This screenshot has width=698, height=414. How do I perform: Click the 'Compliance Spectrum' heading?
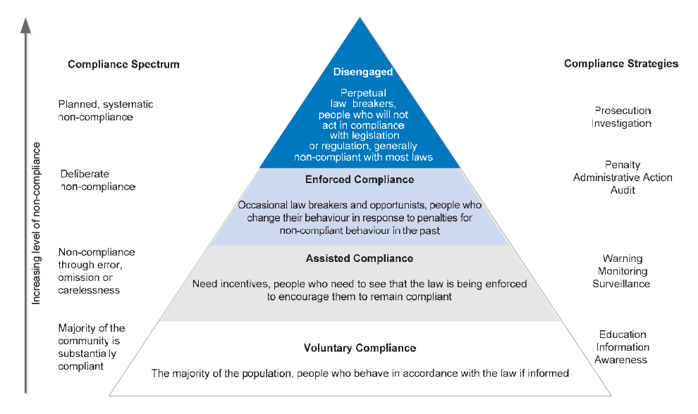pyautogui.click(x=124, y=65)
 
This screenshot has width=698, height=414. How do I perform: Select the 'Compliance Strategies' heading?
pyautogui.click(x=621, y=63)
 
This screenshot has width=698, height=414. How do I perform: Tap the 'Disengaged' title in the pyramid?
pyautogui.click(x=363, y=72)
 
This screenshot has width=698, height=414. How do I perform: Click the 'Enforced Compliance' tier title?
pyautogui.click(x=360, y=180)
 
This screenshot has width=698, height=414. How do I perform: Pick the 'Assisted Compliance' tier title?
pyautogui.click(x=360, y=258)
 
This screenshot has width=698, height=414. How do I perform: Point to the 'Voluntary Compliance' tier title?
pyautogui.click(x=360, y=348)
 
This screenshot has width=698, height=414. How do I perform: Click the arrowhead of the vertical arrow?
pyautogui.click(x=26, y=25)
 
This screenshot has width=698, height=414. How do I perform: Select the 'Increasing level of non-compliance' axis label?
pyautogui.click(x=36, y=223)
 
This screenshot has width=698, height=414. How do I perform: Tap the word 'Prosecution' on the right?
pyautogui.click(x=623, y=111)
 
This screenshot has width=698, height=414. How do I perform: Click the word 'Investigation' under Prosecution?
pyautogui.click(x=621, y=123)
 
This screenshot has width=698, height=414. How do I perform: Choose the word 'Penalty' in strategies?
pyautogui.click(x=623, y=165)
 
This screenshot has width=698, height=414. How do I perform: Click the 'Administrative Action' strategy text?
pyautogui.click(x=623, y=177)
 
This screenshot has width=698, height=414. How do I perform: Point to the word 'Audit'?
pyautogui.click(x=623, y=190)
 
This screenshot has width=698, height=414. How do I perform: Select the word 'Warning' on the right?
pyautogui.click(x=623, y=258)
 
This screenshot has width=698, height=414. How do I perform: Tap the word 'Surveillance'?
pyautogui.click(x=621, y=284)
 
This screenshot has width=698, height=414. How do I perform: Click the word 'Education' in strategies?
pyautogui.click(x=623, y=334)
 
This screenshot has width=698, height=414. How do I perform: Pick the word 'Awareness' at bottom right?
pyautogui.click(x=621, y=360)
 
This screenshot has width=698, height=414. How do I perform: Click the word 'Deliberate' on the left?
pyautogui.click(x=85, y=174)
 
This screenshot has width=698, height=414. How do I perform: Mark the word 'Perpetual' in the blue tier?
pyautogui.click(x=363, y=93)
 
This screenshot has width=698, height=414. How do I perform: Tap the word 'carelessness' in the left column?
pyautogui.click(x=89, y=290)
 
